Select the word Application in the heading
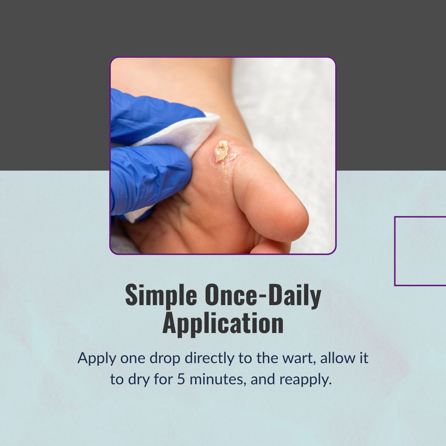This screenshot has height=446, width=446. pos(223,324)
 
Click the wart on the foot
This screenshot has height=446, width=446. pos(221,151)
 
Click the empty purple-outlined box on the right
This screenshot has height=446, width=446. pos(395,251)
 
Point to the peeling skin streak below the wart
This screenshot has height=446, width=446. pos(224,178)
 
